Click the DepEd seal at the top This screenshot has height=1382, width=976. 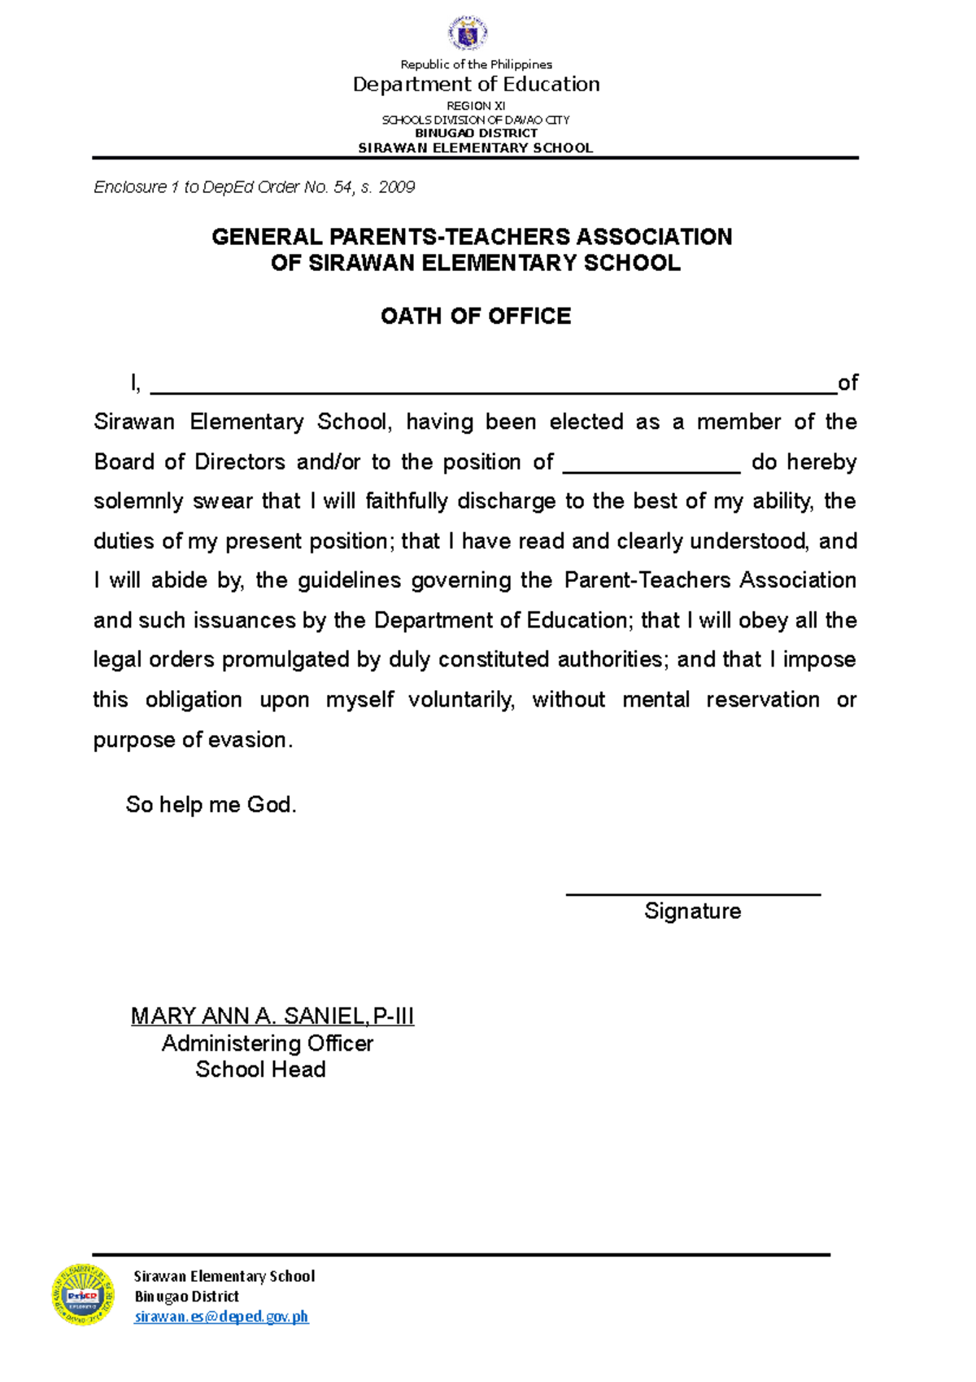point(468,33)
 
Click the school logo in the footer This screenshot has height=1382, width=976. point(83,1294)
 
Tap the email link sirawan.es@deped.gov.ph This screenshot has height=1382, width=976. point(221,1316)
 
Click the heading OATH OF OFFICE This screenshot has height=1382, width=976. point(476,316)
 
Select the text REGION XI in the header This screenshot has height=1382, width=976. point(476,106)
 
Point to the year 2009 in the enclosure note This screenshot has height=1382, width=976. point(397,187)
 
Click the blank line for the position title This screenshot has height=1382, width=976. point(651,469)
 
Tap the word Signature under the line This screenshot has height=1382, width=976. point(692,911)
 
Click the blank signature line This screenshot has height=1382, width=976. point(693,894)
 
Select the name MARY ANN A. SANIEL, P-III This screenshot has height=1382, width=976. point(272,1016)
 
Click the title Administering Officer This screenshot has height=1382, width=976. point(267,1043)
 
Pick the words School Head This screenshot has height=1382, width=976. point(260,1069)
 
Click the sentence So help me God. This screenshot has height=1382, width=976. point(211,804)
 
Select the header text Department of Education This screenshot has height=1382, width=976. point(476,84)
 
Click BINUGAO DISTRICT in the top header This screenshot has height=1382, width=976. point(476,133)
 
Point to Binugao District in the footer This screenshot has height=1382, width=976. point(186,1296)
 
